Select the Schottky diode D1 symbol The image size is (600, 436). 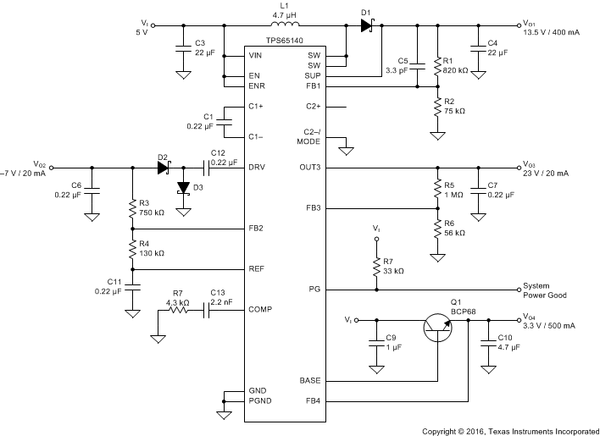(x=366, y=26)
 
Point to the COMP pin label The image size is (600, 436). (x=259, y=311)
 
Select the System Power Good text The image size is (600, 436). (x=545, y=290)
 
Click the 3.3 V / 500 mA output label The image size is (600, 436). (x=550, y=326)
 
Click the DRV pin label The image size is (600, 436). (x=258, y=167)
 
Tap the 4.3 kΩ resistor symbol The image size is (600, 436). (x=179, y=311)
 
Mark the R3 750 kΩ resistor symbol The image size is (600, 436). (x=133, y=207)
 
